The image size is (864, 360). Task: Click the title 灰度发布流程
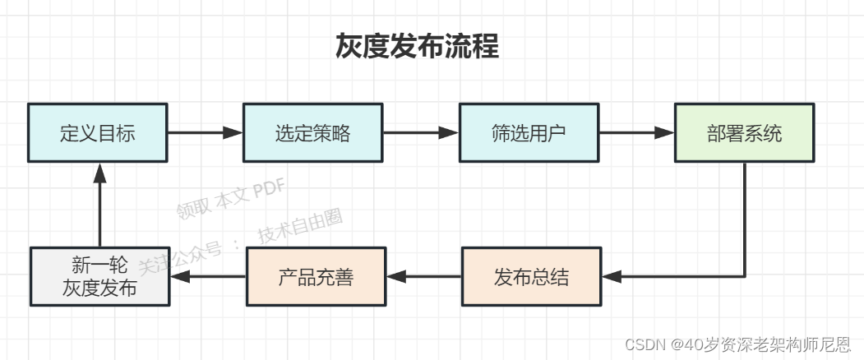(417, 47)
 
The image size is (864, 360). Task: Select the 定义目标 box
(97, 132)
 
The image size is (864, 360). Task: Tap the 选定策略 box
(312, 132)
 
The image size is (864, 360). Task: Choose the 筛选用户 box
(529, 132)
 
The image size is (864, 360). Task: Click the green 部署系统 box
(744, 132)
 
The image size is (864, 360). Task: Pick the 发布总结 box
(531, 277)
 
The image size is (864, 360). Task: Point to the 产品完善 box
(316, 277)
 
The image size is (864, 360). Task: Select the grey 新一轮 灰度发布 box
(99, 277)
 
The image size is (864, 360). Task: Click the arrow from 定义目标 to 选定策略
(205, 132)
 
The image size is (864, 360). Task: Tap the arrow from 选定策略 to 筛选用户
(420, 132)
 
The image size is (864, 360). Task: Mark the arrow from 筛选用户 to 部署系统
(636, 132)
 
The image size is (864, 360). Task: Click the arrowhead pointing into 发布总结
(612, 277)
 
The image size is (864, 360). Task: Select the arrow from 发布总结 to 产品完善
(423, 277)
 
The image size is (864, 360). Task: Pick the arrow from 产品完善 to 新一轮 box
(208, 277)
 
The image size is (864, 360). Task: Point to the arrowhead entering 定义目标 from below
(99, 172)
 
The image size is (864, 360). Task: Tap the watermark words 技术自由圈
(299, 224)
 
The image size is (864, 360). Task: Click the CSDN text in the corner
(645, 345)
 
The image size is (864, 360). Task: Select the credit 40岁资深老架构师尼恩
(769, 345)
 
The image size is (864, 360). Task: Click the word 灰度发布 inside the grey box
(99, 289)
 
